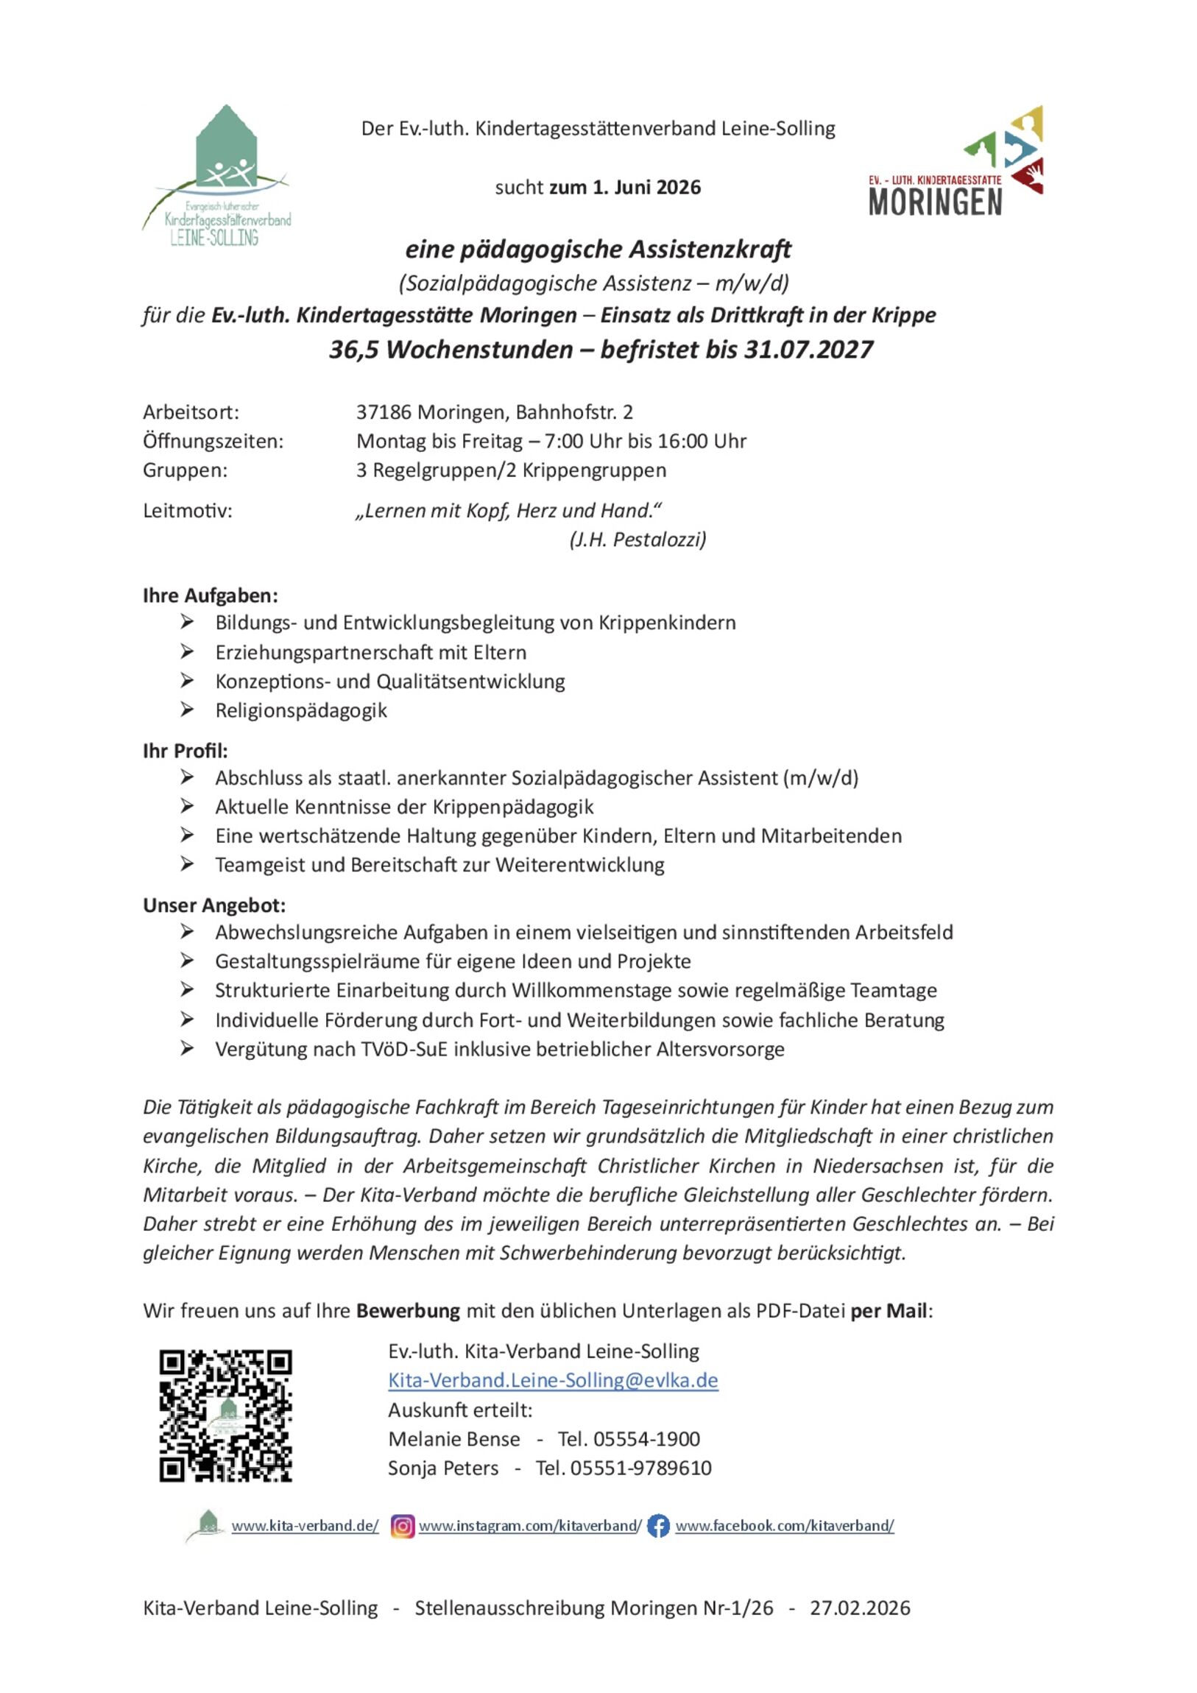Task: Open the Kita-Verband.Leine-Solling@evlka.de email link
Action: pyautogui.click(x=553, y=1380)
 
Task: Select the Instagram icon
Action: pyautogui.click(x=402, y=1526)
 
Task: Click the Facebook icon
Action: pyautogui.click(x=658, y=1526)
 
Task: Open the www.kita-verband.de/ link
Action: pyautogui.click(x=305, y=1526)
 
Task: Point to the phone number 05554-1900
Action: pyautogui.click(x=646, y=1438)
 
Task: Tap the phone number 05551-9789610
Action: pyautogui.click(x=641, y=1467)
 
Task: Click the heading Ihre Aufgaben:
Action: pyautogui.click(x=211, y=595)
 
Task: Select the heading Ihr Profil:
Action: pyautogui.click(x=185, y=751)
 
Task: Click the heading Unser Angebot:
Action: pyautogui.click(x=214, y=905)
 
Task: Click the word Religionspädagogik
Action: pyautogui.click(x=301, y=710)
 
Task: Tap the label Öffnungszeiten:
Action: pyautogui.click(x=213, y=441)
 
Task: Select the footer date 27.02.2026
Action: pyautogui.click(x=860, y=1608)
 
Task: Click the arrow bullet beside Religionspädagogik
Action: pyautogui.click(x=187, y=710)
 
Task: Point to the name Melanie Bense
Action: pyautogui.click(x=453, y=1438)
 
